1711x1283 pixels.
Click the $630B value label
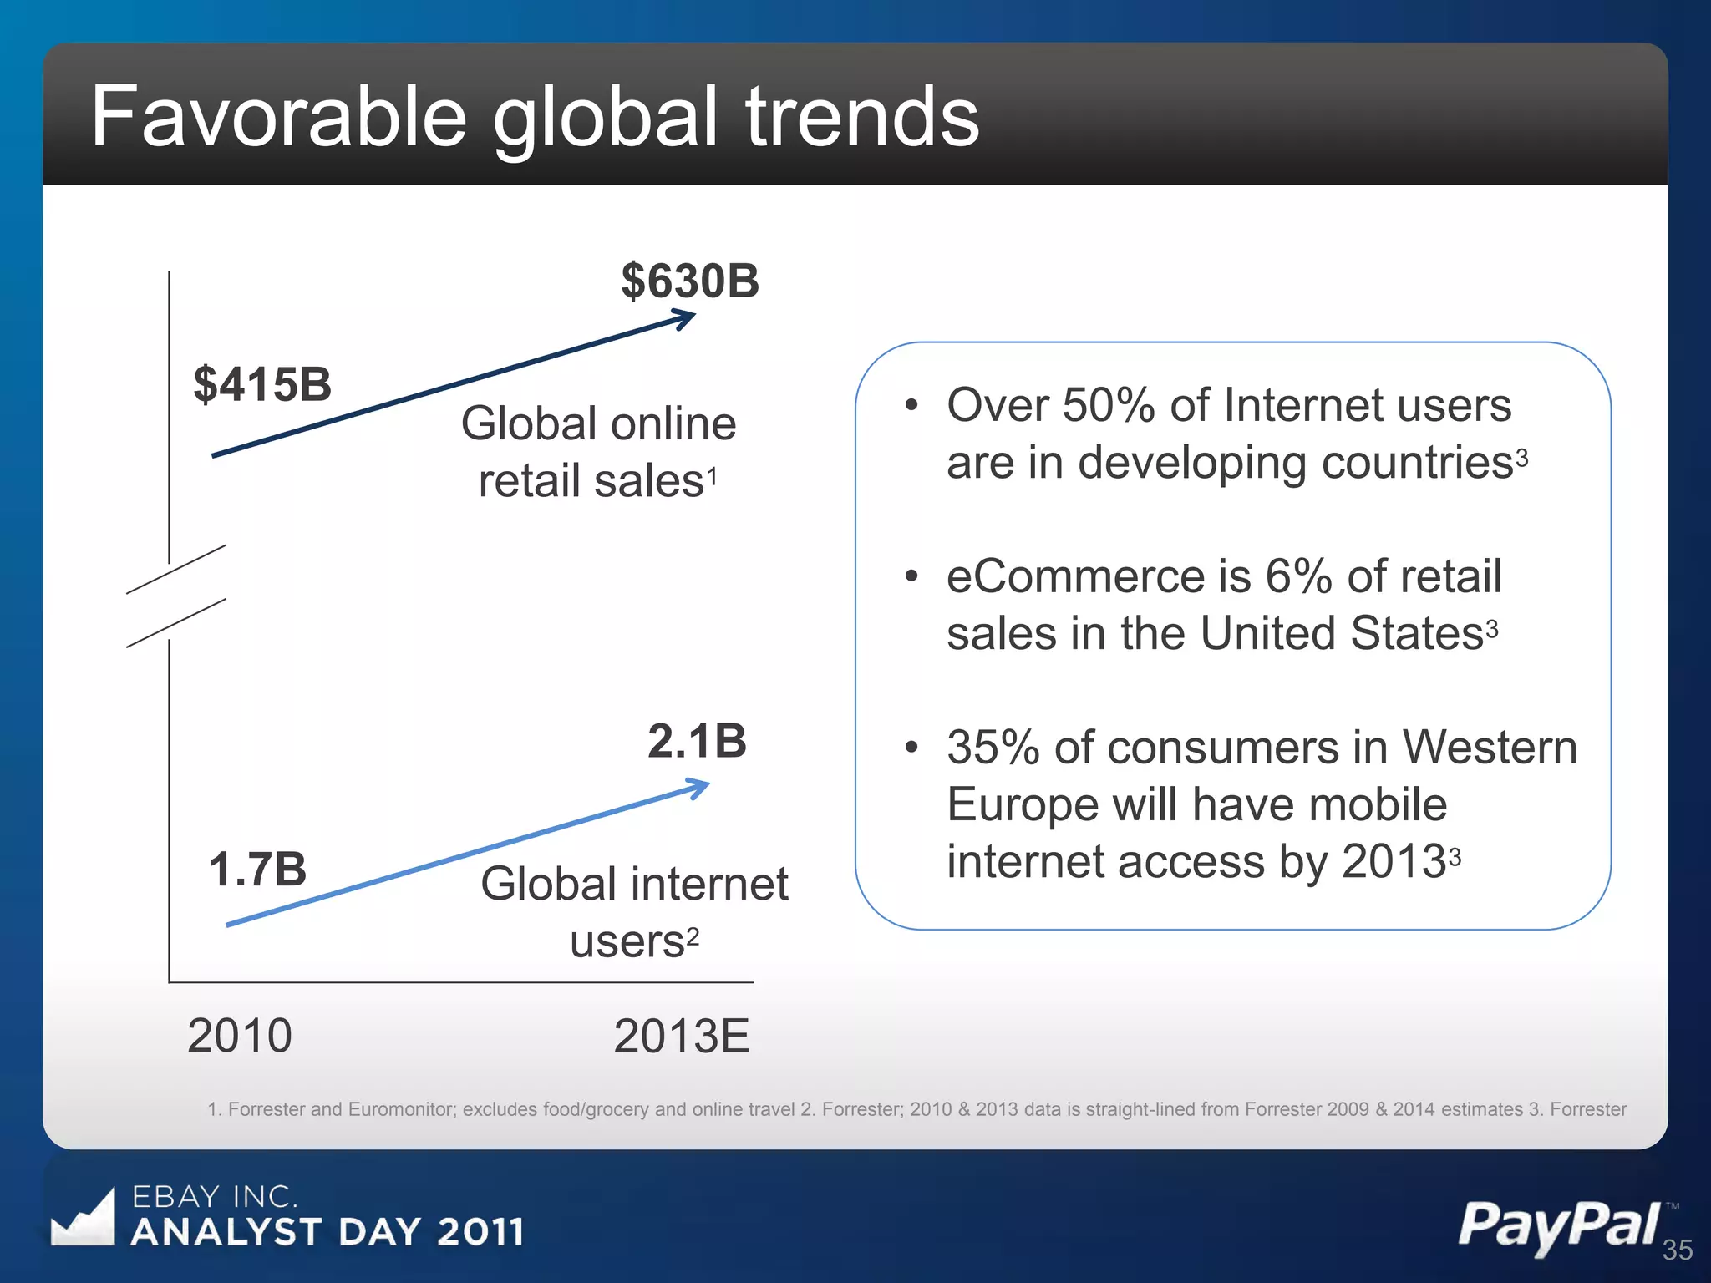(x=690, y=281)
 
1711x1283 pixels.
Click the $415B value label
(x=262, y=385)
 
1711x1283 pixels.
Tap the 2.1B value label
(x=697, y=742)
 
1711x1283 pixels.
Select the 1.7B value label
(x=257, y=870)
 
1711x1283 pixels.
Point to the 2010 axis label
(x=240, y=1037)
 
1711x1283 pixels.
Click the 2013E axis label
(x=681, y=1037)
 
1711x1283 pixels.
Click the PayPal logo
(x=1559, y=1225)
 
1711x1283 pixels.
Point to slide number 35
(x=1677, y=1250)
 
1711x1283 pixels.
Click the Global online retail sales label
(x=598, y=452)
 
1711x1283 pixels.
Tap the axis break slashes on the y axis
(x=175, y=596)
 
